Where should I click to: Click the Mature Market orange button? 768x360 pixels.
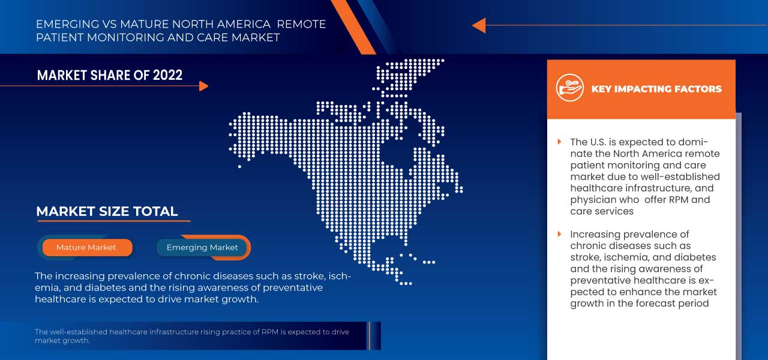86,247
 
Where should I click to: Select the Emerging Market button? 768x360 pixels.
202,247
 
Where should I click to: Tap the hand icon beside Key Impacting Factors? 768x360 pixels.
569,88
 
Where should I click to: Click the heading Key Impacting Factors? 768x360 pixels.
656,89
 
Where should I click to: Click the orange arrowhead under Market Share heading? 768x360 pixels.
203,86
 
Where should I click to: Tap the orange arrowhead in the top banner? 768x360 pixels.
478,25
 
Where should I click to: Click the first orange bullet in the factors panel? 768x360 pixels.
560,142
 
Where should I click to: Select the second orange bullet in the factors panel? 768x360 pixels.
560,234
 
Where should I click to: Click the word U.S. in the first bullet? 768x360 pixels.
601,142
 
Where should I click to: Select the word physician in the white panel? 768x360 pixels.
593,200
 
